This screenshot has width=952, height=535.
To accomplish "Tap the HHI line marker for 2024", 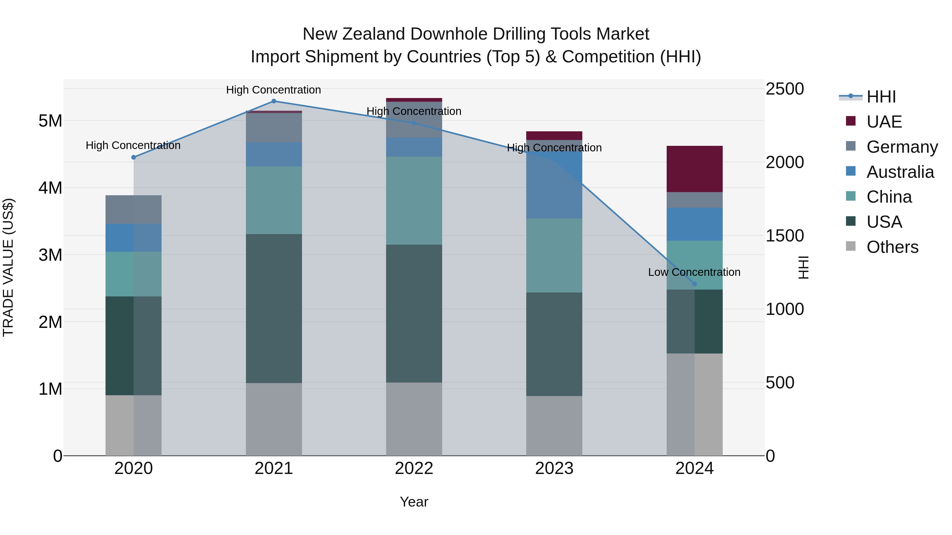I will point(694,284).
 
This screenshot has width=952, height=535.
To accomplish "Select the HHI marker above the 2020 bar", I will point(134,157).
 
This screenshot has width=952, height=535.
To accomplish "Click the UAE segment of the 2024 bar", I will point(694,169).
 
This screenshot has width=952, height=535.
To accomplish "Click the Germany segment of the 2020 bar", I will point(134,209).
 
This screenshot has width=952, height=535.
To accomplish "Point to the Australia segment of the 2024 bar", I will point(694,224).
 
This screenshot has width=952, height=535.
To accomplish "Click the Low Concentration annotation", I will point(694,272).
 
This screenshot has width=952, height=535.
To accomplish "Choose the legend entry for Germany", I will point(902,147).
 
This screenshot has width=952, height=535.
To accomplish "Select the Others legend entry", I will point(892,247).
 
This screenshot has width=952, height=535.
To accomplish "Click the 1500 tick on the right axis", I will point(784,236).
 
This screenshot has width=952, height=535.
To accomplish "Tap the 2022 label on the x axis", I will point(414,468).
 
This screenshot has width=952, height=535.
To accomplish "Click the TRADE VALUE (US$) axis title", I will point(8,267).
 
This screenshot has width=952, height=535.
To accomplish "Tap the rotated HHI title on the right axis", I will point(803,267).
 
